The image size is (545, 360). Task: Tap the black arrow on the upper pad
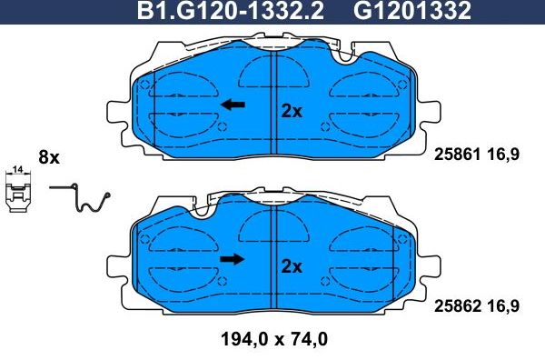(233, 105)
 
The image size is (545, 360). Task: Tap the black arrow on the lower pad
(233, 260)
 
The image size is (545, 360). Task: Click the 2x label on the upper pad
(291, 111)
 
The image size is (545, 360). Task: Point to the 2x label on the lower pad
(291, 266)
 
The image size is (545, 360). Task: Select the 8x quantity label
(48, 157)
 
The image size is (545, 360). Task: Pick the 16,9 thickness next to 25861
(501, 155)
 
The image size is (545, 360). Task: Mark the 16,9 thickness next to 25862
(501, 307)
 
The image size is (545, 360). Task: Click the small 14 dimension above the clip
(17, 170)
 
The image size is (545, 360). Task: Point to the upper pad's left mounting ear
(119, 117)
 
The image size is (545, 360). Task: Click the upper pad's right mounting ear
(432, 117)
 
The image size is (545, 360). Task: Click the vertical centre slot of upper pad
(274, 100)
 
